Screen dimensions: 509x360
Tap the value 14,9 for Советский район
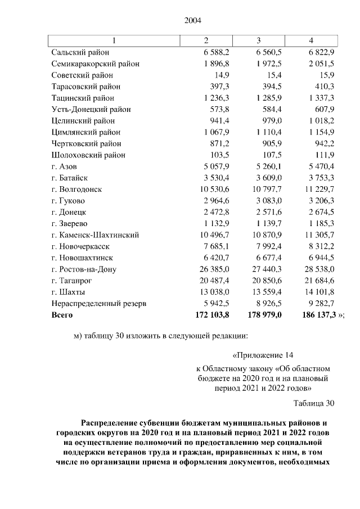point(218,75)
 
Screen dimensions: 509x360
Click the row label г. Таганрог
point(72,281)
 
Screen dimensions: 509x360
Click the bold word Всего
point(62,315)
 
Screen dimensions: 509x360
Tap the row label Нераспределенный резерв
point(98,304)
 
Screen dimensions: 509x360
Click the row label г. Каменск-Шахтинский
point(94,235)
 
